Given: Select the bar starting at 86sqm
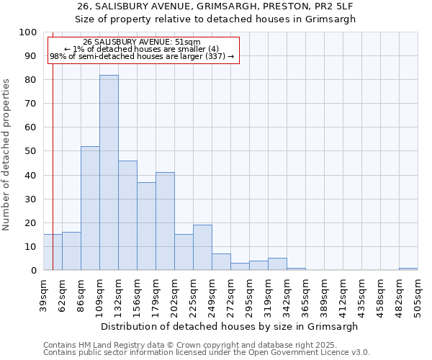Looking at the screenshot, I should pos(90,208).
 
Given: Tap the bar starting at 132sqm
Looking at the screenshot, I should pos(127,215).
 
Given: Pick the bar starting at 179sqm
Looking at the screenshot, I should pos(165,221).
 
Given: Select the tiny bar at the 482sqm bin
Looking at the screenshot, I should pos(408,269).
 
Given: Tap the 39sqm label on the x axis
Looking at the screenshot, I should pos(43,292).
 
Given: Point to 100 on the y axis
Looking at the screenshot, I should pos(28,32).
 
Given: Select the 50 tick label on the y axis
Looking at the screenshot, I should pos(31,151).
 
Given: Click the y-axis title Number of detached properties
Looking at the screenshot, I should pos(7,151).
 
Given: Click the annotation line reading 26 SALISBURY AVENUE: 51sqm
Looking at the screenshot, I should pos(142,42).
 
